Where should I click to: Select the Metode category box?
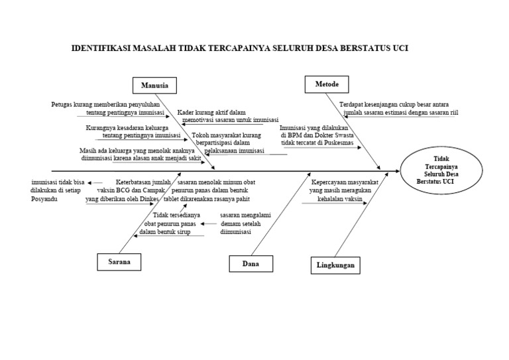pos(326,84)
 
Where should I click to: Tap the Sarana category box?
pos(119,262)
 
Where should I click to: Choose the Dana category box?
pos(250,264)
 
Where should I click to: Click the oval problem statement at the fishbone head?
pos(440,170)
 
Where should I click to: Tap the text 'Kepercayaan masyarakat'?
pos(345,180)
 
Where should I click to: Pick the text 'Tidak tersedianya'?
pos(177,215)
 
